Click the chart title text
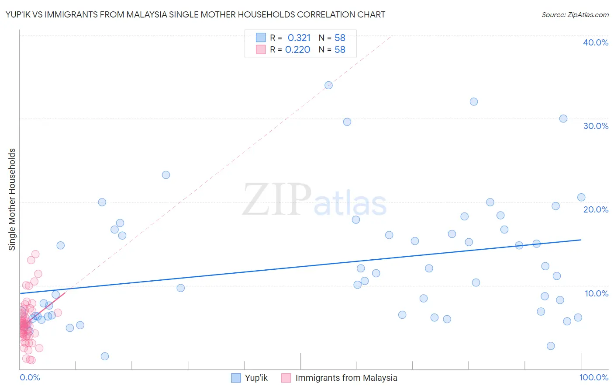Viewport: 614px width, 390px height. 195,14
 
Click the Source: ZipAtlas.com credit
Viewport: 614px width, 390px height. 575,14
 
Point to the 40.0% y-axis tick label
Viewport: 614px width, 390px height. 595,42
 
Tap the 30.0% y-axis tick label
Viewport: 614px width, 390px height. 595,126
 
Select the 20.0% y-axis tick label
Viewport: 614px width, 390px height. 595,209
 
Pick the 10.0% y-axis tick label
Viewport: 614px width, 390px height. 596,293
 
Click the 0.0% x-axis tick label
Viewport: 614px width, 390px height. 30,377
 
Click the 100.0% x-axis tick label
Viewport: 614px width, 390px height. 593,377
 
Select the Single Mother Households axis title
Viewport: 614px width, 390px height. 12,199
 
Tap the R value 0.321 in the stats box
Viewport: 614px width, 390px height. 299,38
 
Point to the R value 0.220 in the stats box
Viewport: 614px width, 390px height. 297,50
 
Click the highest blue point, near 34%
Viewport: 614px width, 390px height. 328,85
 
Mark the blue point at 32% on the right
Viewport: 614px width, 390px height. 473,101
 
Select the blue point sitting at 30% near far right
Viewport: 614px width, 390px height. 563,118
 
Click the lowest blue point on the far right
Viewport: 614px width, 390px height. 550,346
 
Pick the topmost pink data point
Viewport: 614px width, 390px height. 35,254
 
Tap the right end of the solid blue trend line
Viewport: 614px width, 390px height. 581,240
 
